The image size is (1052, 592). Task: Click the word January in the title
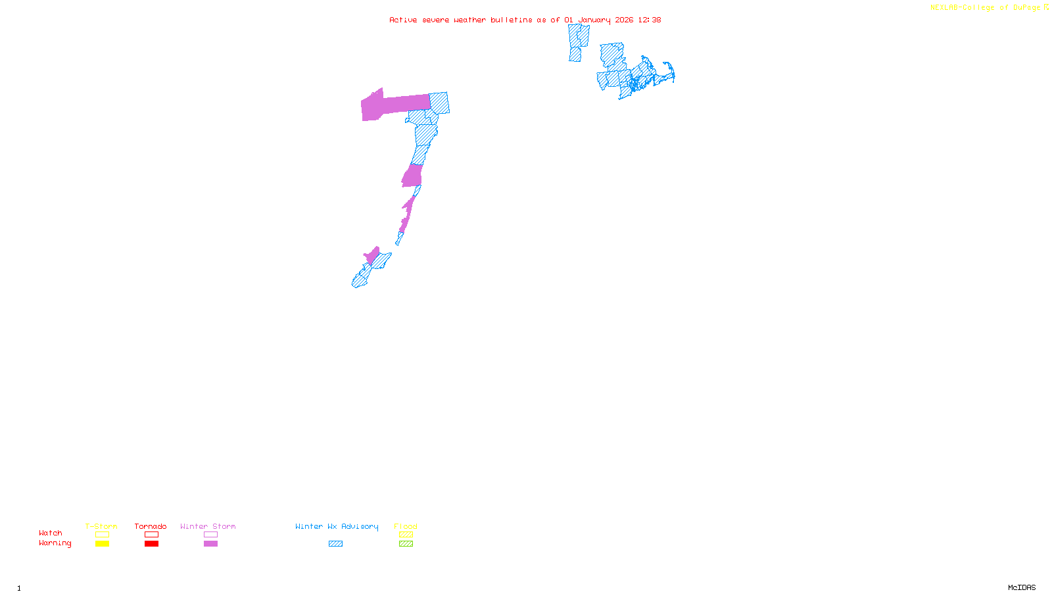pyautogui.click(x=594, y=20)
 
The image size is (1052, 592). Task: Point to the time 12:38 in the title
pyautogui.click(x=649, y=20)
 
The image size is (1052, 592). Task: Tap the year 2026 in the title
pyautogui.click(x=624, y=20)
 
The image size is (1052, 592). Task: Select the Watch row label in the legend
pyautogui.click(x=51, y=533)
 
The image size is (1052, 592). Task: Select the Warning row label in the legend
pyautogui.click(x=55, y=543)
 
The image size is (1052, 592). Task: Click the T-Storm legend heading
pyautogui.click(x=101, y=526)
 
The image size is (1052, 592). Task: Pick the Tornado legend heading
pyautogui.click(x=151, y=526)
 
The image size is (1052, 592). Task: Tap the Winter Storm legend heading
pyautogui.click(x=208, y=526)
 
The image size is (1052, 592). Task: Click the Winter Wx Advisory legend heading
pyautogui.click(x=337, y=526)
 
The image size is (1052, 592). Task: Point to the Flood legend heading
pyautogui.click(x=406, y=526)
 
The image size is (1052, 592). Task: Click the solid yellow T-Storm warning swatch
pyautogui.click(x=102, y=544)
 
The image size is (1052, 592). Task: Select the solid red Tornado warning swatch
pyautogui.click(x=151, y=544)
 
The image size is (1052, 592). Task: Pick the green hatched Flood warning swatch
pyautogui.click(x=406, y=544)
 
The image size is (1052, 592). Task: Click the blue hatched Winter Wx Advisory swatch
pyautogui.click(x=335, y=544)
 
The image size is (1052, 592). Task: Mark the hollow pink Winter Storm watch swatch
pyautogui.click(x=210, y=535)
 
